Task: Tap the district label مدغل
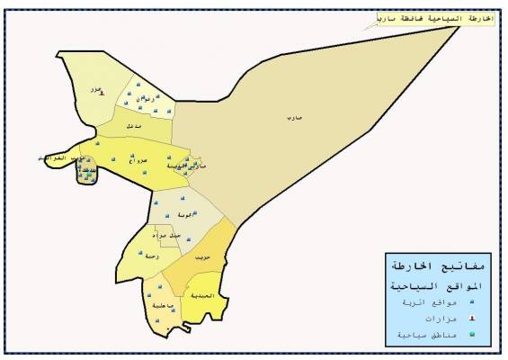[x=133, y=125]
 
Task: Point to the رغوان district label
[x=138, y=96]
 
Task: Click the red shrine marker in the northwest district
[x=102, y=92]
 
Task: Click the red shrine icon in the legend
[x=397, y=319]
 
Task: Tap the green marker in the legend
[x=397, y=335]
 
